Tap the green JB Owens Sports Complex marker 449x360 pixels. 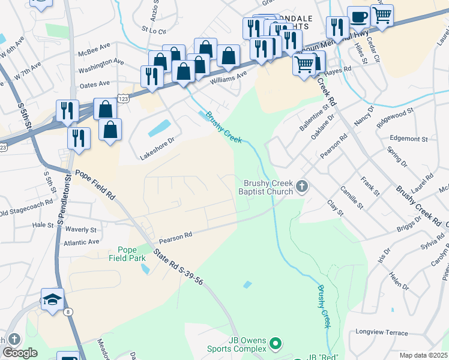(x=276, y=343)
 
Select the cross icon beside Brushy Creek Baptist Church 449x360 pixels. (x=302, y=188)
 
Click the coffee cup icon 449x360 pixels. (x=359, y=18)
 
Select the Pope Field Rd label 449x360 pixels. (x=94, y=183)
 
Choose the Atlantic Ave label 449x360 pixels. (x=81, y=242)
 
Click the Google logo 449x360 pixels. (x=20, y=353)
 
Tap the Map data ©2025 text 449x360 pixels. (x=423, y=355)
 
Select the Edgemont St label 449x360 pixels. (x=408, y=139)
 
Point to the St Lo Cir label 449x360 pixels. (x=153, y=28)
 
